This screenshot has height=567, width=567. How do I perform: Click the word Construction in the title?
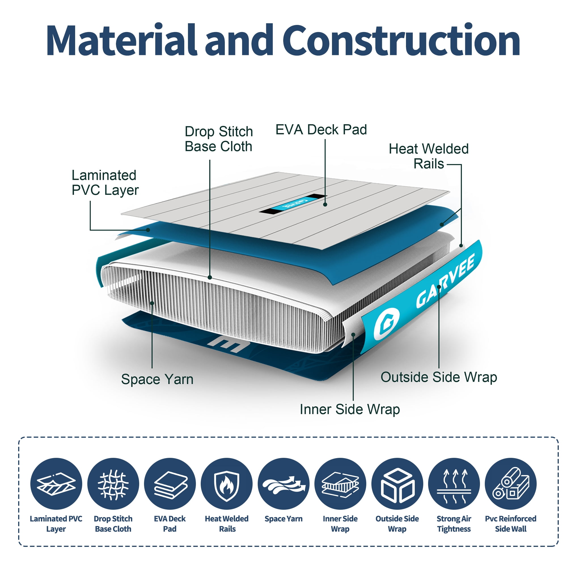pos(401,40)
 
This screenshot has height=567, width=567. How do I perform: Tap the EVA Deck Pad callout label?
pos(321,130)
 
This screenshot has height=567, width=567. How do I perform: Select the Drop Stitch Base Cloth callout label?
pos(219,139)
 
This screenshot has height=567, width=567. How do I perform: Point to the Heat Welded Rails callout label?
pos(428,156)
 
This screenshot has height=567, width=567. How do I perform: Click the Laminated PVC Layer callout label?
pos(105,183)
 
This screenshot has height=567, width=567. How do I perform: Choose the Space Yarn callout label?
pos(157,379)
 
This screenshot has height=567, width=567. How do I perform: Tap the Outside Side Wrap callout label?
pos(439,377)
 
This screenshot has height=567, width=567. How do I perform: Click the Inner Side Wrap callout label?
pos(350,409)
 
